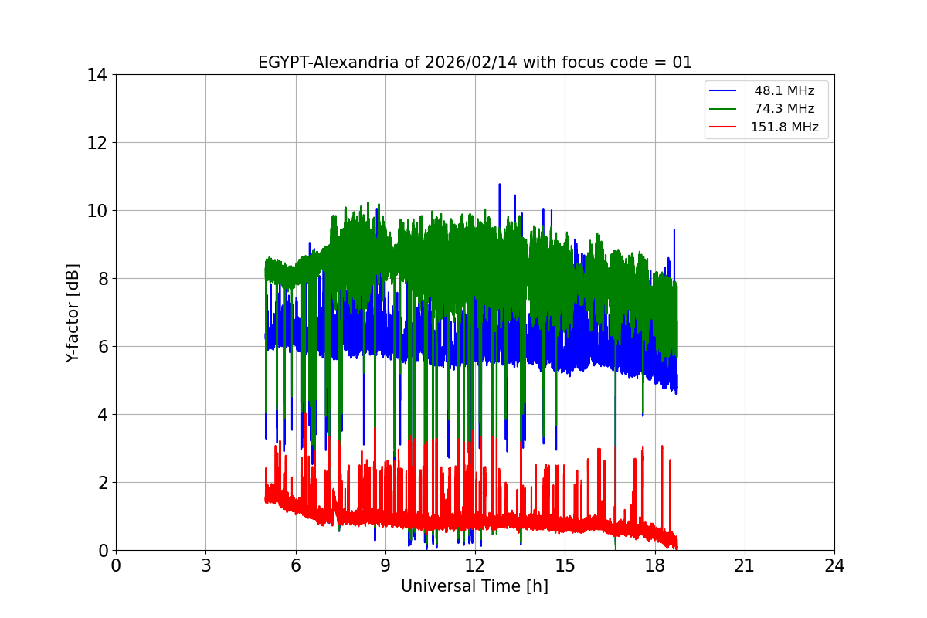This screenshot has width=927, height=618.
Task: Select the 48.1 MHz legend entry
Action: coord(784,91)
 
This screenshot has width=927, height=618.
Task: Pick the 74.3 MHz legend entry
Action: coord(784,109)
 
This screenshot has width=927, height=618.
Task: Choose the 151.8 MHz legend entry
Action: coord(784,127)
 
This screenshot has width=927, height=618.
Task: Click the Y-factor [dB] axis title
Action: coord(73,312)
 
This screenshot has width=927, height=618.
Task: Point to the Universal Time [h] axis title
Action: coord(474,586)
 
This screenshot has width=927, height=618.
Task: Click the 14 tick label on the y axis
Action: coord(97,75)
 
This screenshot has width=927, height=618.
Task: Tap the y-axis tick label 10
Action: coord(97,211)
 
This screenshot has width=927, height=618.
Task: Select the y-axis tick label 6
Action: coord(101,347)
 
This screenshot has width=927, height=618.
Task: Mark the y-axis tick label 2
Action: coord(101,483)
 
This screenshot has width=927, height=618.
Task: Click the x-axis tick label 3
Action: coord(205,565)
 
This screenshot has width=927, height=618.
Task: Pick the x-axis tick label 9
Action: coord(385,565)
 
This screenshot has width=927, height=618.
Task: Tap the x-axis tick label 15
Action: coord(565,565)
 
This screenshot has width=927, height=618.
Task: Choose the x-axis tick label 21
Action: coord(744,565)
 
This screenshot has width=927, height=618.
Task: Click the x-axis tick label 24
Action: coord(834,565)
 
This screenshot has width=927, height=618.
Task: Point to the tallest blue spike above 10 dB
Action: coord(499,185)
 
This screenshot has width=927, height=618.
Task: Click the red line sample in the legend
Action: coord(725,127)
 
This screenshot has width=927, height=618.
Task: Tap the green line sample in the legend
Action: coord(725,109)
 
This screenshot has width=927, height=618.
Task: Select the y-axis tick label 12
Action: coord(97,143)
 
